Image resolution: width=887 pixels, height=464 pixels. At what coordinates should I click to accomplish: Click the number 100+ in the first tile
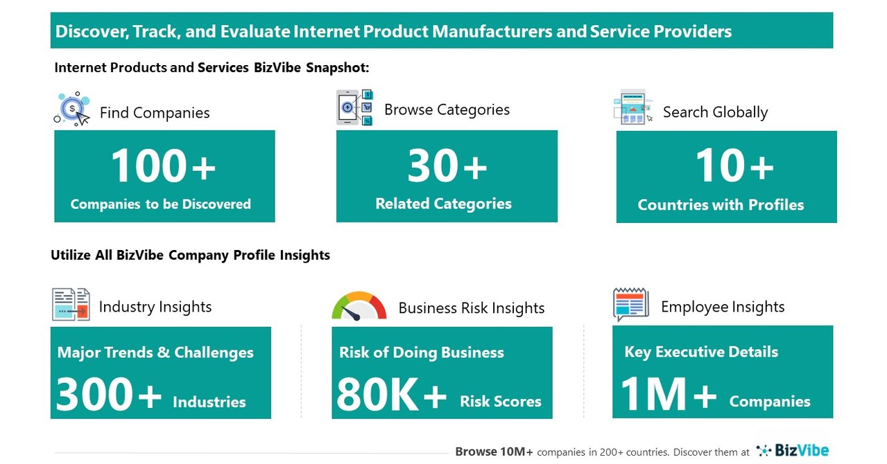164,167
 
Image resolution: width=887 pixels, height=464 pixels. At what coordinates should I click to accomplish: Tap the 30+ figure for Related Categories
447,167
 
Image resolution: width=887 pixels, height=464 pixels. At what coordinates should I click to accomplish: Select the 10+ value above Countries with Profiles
734,167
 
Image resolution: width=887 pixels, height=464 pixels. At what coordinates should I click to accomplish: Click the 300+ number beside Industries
109,395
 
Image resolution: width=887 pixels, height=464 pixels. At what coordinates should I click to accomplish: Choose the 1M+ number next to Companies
668,395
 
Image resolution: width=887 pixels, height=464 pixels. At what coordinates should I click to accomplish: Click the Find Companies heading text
155,113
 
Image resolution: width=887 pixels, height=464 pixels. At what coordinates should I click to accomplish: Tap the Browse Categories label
447,109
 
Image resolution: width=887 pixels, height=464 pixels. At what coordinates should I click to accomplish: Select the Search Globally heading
715,112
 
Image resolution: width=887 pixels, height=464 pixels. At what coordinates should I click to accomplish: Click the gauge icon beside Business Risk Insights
359,307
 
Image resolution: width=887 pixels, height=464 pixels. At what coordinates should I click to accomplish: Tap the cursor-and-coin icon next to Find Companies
73,109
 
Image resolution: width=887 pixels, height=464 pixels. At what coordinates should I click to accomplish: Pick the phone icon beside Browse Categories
354,107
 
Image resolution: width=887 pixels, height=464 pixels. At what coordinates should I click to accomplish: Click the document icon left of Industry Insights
71,305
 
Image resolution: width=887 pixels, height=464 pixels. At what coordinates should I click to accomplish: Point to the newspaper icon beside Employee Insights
630,305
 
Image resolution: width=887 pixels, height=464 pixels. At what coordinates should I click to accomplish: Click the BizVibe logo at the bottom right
793,451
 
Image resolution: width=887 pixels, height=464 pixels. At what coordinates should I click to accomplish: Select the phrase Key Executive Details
701,351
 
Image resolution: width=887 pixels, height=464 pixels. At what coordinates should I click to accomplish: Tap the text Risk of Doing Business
421,352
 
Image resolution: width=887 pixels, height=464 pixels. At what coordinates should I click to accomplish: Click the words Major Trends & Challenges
155,352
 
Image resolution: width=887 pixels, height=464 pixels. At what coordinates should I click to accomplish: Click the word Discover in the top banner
86,31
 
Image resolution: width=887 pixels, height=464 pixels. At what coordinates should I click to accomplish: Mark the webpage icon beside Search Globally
632,107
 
